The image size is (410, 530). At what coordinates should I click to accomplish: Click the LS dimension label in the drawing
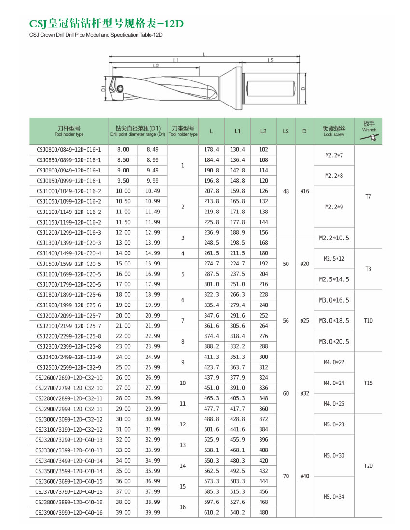[x=270, y=60]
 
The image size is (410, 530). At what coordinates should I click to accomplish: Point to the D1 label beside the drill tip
[x=103, y=89]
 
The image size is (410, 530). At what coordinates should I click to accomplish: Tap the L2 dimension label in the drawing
[x=156, y=66]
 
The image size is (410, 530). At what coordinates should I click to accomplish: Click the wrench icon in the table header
[x=369, y=138]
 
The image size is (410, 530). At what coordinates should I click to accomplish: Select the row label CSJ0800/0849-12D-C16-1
[x=69, y=150]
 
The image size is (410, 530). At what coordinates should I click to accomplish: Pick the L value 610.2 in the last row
[x=211, y=512]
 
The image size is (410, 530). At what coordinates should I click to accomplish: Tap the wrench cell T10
[x=369, y=321]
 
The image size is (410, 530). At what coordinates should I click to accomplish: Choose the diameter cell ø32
[x=304, y=393]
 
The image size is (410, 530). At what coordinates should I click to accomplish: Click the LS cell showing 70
[x=286, y=476]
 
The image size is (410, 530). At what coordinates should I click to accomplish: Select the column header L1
[x=238, y=131]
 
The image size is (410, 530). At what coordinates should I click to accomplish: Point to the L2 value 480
[x=263, y=512]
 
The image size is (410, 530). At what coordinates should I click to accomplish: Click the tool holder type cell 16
[x=182, y=507]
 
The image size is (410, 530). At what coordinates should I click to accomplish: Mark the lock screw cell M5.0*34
[x=334, y=497]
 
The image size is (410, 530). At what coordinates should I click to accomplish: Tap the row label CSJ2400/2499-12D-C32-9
[x=69, y=357]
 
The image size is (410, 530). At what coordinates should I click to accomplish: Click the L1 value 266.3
[x=237, y=295]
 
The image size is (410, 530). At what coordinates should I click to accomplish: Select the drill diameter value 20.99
[x=152, y=316]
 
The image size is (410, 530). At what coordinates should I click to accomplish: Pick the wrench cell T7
[x=369, y=197]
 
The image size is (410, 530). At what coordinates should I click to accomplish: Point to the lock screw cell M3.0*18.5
[x=334, y=321]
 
